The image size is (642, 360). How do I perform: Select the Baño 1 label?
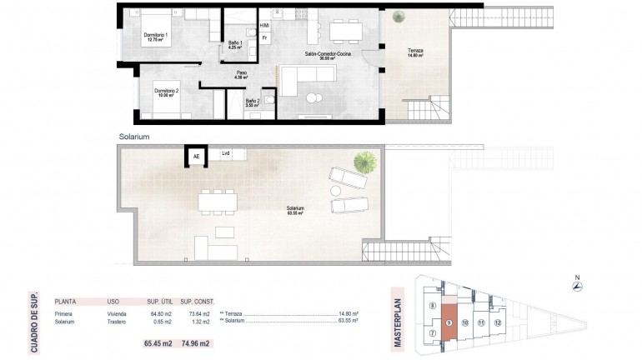pyautogui.click(x=237, y=44)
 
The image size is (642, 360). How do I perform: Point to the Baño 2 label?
pyautogui.click(x=253, y=102)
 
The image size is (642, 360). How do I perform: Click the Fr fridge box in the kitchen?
pyautogui.click(x=264, y=37)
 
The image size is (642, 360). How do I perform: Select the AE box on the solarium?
pyautogui.click(x=197, y=156)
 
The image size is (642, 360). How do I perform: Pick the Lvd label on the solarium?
pyautogui.click(x=226, y=153)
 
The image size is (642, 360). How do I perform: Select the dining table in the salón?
pyautogui.click(x=344, y=32)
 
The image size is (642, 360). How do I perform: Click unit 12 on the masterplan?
pyautogui.click(x=497, y=321)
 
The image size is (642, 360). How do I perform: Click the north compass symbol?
pyautogui.click(x=575, y=287)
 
